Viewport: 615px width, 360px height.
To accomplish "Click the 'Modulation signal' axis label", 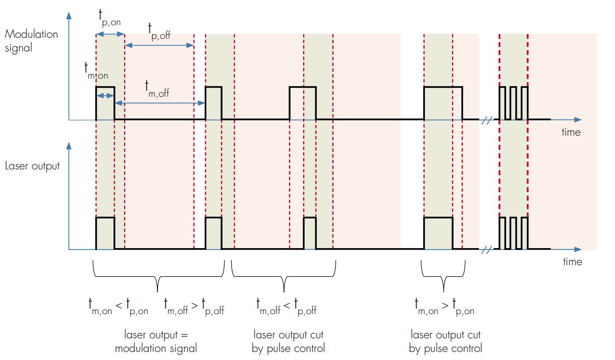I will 31,41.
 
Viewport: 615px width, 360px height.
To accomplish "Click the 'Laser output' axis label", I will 32,166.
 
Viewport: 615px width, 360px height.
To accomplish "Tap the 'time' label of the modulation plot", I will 571,133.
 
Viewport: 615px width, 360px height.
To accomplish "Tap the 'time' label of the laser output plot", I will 572,262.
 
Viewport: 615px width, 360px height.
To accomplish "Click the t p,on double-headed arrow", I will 110,34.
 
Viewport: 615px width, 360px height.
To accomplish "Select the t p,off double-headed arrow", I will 159,45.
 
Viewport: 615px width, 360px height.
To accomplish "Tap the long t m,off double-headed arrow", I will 159,102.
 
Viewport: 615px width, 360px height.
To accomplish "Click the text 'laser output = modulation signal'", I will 156,341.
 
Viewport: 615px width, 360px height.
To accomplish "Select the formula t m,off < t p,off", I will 287,307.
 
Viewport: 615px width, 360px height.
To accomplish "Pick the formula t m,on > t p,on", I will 444,307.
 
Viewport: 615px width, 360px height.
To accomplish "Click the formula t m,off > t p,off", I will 194,307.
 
